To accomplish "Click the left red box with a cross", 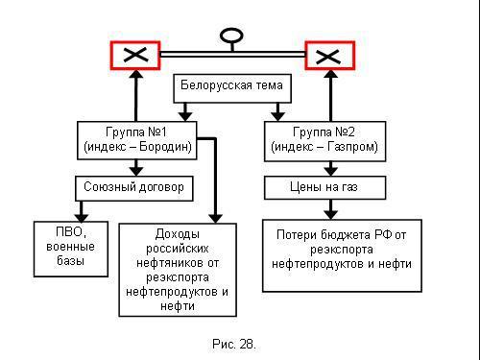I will (135, 55).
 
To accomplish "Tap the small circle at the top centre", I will (230, 37).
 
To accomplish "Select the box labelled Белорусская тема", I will (231, 87).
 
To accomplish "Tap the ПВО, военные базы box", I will (68, 247).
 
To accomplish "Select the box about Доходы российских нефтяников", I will (178, 270).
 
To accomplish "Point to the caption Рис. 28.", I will (233, 343).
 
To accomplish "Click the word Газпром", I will (354, 149).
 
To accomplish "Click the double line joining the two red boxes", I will (232, 55).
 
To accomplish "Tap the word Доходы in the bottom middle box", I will (178, 234).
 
